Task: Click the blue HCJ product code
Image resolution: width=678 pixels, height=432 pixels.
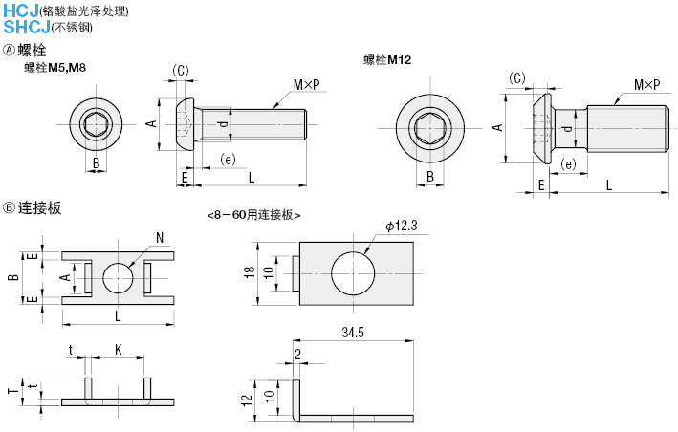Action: [x=20, y=11]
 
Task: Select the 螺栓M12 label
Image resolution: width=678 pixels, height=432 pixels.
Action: [x=386, y=60]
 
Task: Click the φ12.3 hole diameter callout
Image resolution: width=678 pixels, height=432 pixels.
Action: [x=402, y=225]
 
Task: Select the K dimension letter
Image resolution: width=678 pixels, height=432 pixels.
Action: [x=117, y=349]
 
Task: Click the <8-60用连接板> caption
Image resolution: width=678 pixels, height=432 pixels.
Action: [x=253, y=215]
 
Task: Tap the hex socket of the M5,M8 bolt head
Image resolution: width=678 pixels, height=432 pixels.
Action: [x=95, y=124]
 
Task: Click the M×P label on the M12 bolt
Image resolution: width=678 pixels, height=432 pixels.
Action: [x=645, y=85]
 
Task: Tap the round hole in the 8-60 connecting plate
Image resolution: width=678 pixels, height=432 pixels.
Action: [x=353, y=272]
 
